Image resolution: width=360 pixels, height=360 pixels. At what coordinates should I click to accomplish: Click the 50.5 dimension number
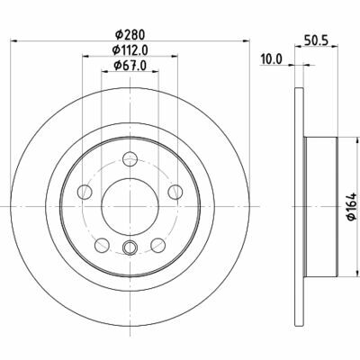click(x=314, y=40)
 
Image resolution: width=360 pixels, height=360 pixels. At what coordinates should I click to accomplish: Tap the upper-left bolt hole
click(x=86, y=192)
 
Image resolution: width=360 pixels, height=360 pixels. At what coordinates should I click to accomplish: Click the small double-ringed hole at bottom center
click(x=129, y=249)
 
